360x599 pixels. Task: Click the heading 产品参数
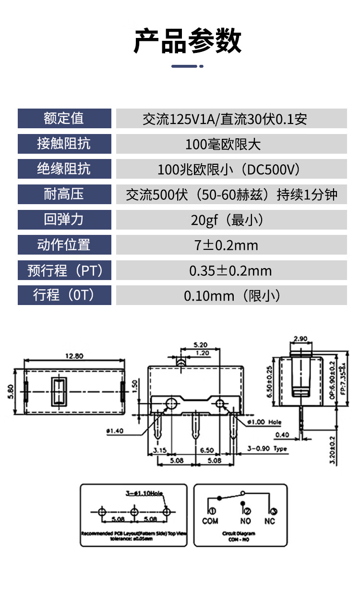[187, 41]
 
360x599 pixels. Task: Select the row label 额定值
[64, 118]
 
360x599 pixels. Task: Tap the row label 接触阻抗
[64, 144]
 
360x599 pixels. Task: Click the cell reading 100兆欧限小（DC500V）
[231, 169]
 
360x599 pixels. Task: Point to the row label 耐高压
[64, 194]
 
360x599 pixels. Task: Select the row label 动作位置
[64, 245]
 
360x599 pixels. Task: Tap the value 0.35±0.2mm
[230, 271]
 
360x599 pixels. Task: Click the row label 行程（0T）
[64, 295]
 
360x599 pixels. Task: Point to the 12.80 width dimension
[74, 356]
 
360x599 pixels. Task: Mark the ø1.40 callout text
[115, 431]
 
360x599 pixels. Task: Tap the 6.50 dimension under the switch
[207, 451]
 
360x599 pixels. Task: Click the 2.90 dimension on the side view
[300, 339]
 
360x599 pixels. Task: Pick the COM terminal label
[210, 521]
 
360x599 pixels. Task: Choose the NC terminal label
[270, 521]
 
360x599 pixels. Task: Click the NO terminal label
[245, 521]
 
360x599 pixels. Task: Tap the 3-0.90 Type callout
[267, 449]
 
